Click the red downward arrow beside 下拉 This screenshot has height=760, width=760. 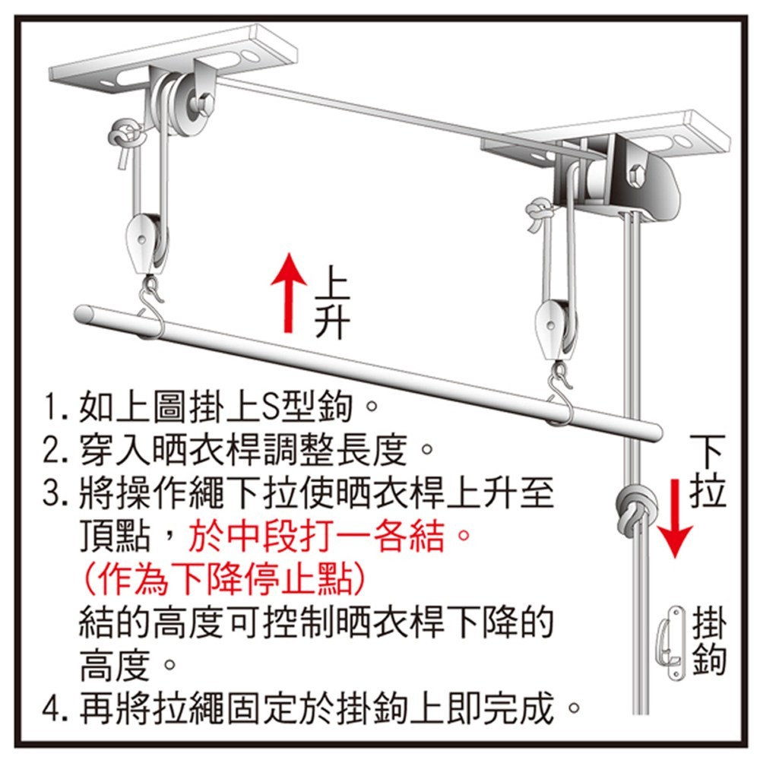pyautogui.click(x=675, y=518)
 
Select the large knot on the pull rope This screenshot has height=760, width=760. pyautogui.click(x=635, y=509)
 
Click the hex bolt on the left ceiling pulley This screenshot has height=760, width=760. pyautogui.click(x=204, y=106)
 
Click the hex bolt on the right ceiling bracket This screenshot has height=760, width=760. pyautogui.click(x=638, y=176)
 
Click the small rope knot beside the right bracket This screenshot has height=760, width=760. pyautogui.click(x=540, y=214)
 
